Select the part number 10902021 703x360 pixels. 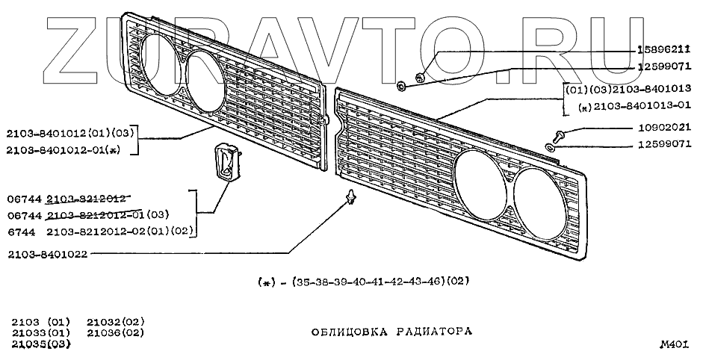pos(664,127)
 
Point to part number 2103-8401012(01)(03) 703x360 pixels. pos(69,134)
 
